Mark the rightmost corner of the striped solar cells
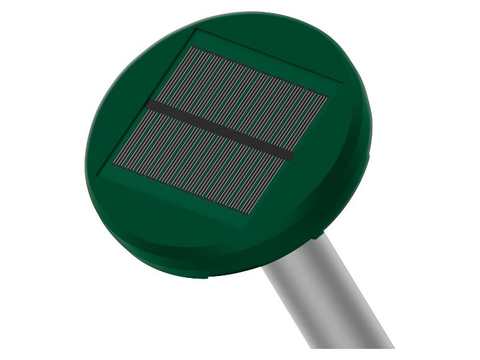328,96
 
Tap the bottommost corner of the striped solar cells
250,215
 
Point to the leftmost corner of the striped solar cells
113,164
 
